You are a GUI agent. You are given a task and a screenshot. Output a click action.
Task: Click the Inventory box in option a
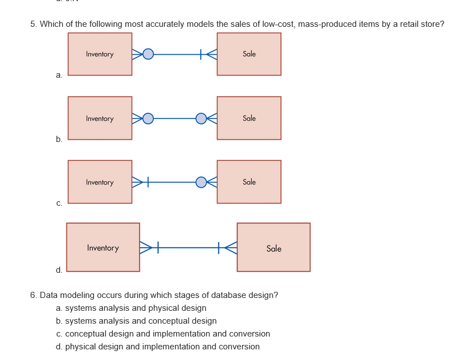[x=100, y=54]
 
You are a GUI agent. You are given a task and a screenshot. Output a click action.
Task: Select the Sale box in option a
[x=249, y=54]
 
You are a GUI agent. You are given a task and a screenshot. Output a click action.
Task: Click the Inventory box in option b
[x=100, y=118]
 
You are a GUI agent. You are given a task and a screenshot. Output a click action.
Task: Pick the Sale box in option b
[x=249, y=118]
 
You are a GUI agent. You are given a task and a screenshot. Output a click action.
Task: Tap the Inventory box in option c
[x=100, y=182]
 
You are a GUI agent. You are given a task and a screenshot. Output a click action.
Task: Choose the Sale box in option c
[x=249, y=182]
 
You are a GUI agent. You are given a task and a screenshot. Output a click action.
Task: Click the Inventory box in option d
[x=103, y=248]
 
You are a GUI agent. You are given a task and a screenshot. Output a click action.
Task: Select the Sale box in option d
[x=273, y=248]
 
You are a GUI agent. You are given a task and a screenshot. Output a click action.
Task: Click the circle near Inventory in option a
[x=148, y=54]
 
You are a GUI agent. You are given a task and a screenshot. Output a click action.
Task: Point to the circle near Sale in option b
[x=201, y=118]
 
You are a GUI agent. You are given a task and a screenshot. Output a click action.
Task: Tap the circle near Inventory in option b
[x=148, y=118]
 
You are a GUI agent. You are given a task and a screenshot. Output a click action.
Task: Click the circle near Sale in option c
[x=201, y=182]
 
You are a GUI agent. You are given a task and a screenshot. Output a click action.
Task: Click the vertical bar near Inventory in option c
[x=148, y=182]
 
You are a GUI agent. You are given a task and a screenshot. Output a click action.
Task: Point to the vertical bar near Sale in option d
[x=220, y=248]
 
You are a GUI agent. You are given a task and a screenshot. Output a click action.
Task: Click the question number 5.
[x=34, y=24]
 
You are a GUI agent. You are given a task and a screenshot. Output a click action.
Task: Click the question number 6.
[x=34, y=295]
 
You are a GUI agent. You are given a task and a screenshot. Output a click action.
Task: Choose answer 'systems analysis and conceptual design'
[x=140, y=321]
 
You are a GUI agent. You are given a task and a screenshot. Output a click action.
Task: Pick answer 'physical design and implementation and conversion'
[x=162, y=347]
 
